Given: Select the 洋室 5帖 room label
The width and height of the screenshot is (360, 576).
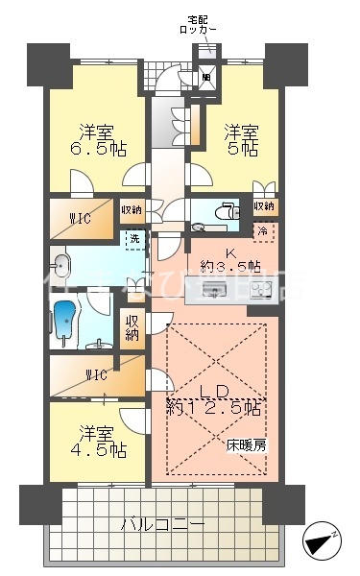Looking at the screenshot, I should (240, 141).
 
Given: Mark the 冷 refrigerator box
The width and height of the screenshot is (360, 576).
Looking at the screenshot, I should (262, 230).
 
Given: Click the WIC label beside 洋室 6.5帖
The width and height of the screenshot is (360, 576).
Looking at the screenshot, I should (80, 218).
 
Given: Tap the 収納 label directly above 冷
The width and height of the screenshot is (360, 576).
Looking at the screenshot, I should (263, 206).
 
